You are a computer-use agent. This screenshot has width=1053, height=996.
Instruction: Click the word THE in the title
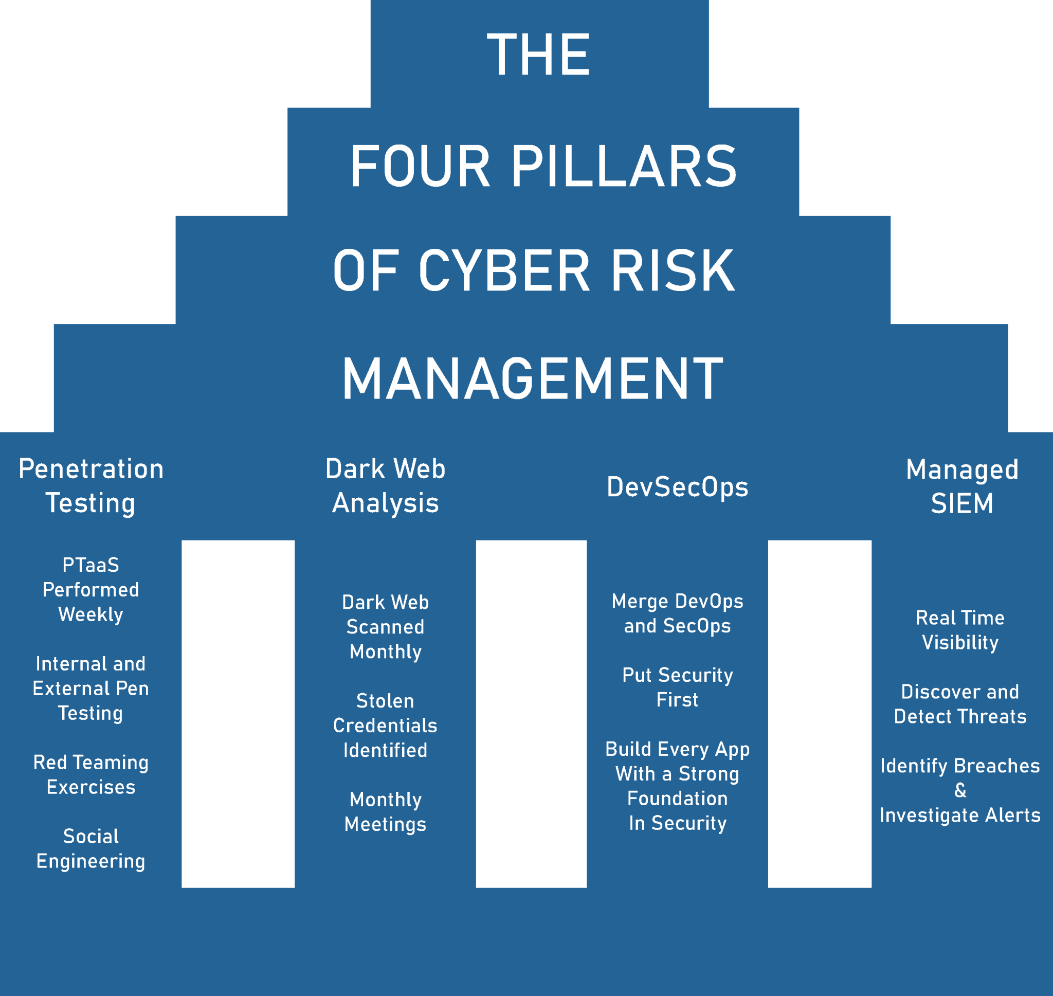(x=538, y=54)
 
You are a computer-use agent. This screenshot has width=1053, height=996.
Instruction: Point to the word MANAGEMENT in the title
(x=532, y=379)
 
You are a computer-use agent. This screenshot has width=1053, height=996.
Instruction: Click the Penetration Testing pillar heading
(x=91, y=486)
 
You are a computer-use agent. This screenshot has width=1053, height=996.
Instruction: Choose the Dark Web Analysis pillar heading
(x=385, y=486)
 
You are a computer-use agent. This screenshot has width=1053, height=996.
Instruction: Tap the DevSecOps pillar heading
(x=677, y=487)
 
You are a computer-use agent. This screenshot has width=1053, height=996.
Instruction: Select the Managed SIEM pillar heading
(x=961, y=486)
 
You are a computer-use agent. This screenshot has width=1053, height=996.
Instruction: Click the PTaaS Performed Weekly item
(x=91, y=589)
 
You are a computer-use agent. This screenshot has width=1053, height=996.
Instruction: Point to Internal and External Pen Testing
(x=91, y=688)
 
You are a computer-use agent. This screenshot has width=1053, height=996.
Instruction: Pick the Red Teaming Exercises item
(x=91, y=774)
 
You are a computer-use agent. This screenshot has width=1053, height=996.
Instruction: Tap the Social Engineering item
(x=91, y=848)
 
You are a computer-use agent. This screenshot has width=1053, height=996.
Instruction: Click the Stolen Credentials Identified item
(x=385, y=725)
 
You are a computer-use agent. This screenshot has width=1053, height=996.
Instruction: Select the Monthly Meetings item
(x=385, y=812)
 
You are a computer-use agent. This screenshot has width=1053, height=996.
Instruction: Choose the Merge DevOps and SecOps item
(x=677, y=613)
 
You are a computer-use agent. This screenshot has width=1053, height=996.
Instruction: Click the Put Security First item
(x=677, y=687)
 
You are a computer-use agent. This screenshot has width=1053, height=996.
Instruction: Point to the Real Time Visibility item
(x=960, y=630)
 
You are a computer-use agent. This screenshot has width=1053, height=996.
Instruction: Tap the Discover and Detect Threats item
(x=960, y=703)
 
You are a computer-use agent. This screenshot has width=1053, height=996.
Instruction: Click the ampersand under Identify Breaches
(x=960, y=790)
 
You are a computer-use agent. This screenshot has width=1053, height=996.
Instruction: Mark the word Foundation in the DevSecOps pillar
(x=677, y=799)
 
